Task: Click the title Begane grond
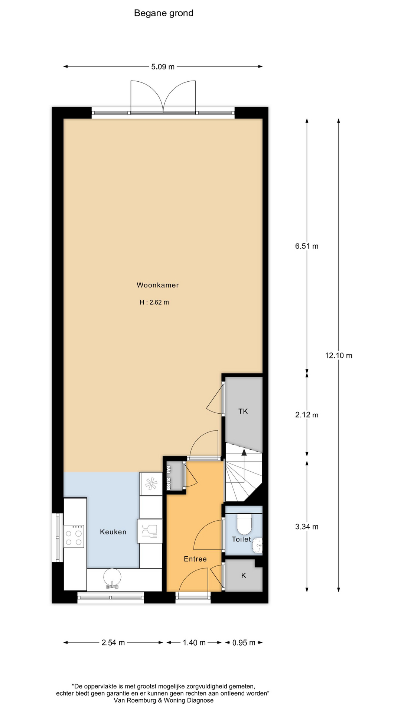tap(163, 13)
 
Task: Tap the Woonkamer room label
tap(158, 285)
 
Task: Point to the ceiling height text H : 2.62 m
tap(154, 302)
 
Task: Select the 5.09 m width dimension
tap(163, 67)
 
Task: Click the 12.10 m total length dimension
tap(339, 355)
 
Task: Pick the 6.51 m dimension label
tap(307, 246)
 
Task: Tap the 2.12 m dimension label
tap(307, 415)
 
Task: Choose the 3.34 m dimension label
tap(307, 527)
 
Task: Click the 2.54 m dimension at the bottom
tap(113, 642)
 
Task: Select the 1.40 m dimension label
tap(194, 642)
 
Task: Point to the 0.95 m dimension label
tap(244, 642)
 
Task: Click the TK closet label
tap(243, 411)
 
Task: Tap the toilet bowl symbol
tap(244, 524)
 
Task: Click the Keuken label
tap(113, 532)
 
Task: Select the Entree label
tap(195, 559)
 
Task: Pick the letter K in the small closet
tap(244, 576)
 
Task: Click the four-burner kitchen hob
tap(74, 536)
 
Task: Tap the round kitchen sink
tap(113, 578)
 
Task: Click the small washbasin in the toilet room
tap(258, 546)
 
